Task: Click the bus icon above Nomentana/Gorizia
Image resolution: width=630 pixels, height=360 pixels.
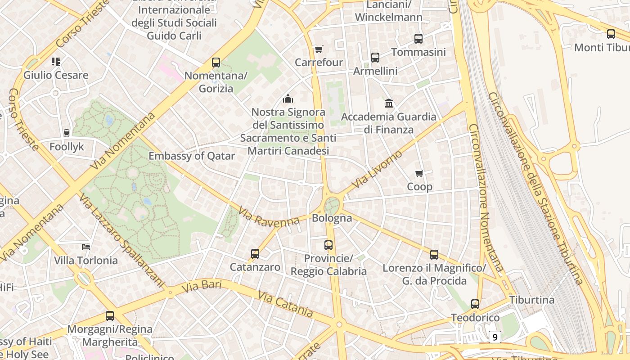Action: click(x=216, y=63)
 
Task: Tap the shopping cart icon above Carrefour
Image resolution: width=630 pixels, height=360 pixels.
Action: click(x=319, y=49)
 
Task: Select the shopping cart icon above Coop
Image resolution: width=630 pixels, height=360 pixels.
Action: click(x=419, y=173)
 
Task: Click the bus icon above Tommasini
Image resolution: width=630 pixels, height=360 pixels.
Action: click(x=418, y=39)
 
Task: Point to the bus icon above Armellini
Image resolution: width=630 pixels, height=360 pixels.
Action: click(x=375, y=58)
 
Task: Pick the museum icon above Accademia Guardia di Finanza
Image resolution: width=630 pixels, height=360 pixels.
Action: click(x=389, y=103)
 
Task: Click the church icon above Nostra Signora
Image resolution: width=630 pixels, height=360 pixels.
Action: click(x=288, y=99)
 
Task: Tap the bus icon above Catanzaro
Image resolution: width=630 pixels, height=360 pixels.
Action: click(x=255, y=254)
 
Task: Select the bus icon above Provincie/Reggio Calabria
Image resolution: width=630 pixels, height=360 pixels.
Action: click(x=328, y=245)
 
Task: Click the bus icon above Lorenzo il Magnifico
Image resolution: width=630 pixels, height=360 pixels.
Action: click(x=434, y=255)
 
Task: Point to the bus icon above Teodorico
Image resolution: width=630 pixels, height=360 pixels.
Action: click(x=475, y=304)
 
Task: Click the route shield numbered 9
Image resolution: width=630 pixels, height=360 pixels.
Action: click(x=495, y=337)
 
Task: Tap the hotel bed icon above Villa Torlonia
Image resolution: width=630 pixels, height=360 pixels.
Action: click(x=86, y=247)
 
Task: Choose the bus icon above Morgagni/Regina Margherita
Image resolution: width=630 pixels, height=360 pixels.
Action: click(x=110, y=316)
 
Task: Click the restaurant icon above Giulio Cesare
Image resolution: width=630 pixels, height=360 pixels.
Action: click(x=56, y=61)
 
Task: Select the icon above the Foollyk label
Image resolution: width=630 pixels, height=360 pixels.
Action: click(x=67, y=133)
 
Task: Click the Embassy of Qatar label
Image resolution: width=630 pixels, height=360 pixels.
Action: click(x=192, y=156)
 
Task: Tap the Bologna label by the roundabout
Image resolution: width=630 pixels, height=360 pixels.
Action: click(x=332, y=218)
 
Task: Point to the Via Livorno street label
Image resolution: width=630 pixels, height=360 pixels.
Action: click(x=377, y=170)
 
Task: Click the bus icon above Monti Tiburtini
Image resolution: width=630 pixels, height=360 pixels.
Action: click(x=611, y=34)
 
